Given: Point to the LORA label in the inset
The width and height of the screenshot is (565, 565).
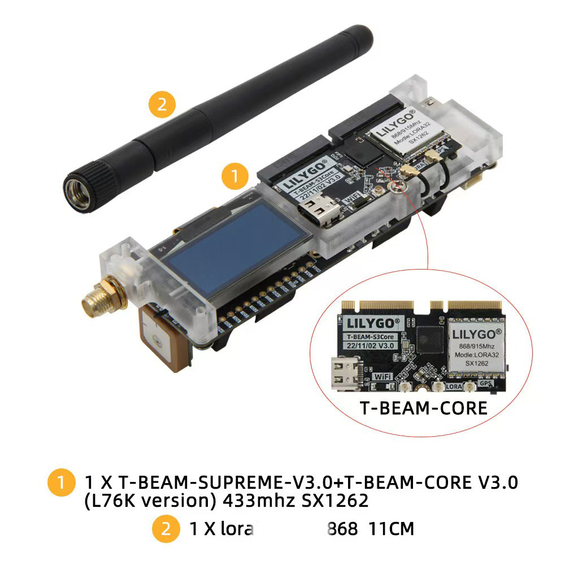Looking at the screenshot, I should pos(454,388).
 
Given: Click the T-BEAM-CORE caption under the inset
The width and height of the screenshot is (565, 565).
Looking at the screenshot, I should pos(423,408).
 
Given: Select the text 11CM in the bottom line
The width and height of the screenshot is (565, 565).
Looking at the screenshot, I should pos(391,529).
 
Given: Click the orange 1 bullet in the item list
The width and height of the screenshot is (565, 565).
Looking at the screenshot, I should pos(61,483).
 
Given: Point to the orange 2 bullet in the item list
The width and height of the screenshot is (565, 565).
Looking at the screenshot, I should pos(166,529).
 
